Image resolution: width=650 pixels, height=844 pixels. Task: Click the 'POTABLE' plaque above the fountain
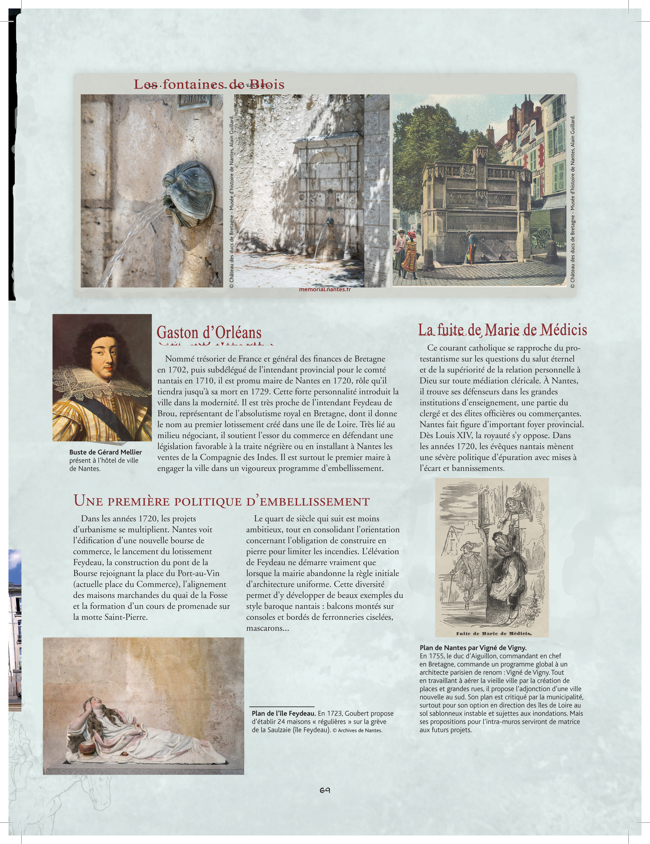click(194, 100)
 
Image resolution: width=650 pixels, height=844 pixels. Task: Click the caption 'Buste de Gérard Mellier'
click(105, 452)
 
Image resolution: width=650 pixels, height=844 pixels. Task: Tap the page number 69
click(325, 790)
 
